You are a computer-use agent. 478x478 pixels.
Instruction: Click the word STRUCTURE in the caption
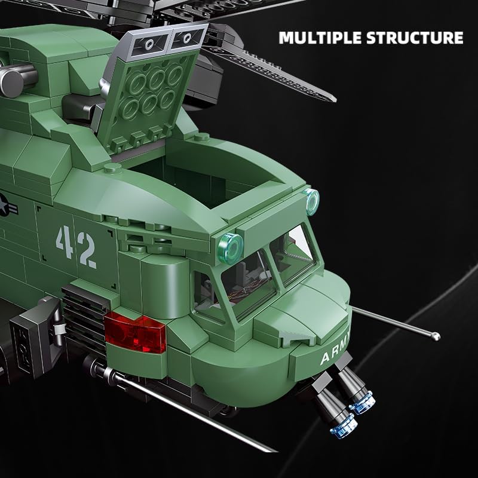[415, 38]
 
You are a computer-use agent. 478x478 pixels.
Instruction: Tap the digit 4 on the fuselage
[65, 242]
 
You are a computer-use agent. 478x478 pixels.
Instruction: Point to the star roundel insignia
[4, 205]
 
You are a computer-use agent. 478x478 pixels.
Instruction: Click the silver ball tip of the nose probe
[436, 336]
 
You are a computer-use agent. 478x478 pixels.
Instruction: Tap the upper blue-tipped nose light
[362, 402]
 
